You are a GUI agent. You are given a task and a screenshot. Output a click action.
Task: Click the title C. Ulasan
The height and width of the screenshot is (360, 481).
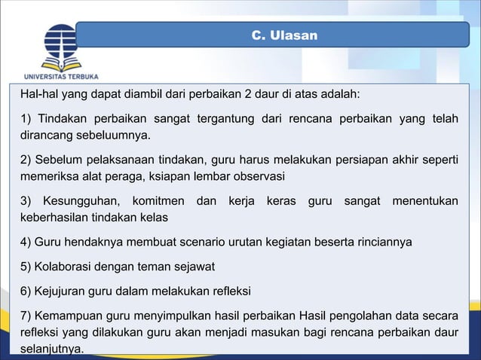click(284, 35)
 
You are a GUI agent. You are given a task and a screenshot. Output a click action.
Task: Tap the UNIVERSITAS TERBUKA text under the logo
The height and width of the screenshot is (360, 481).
click(61, 76)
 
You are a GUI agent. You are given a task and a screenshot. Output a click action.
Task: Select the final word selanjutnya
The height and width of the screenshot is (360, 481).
click(52, 348)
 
